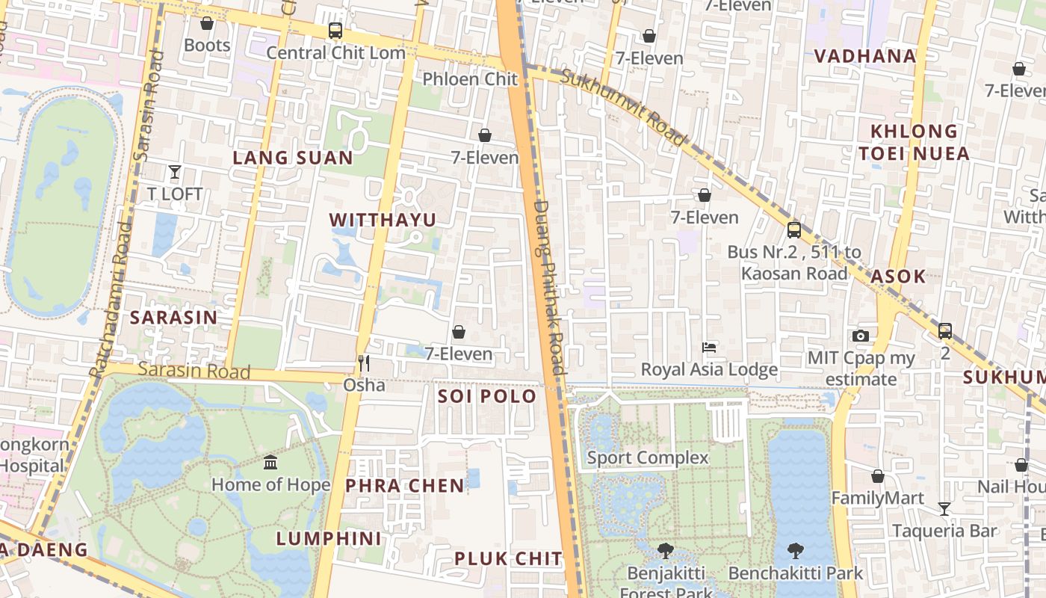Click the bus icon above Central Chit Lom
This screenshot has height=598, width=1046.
335,31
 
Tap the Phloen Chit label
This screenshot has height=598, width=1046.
470,78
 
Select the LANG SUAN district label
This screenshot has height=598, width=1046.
293,158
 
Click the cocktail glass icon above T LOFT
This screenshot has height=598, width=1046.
174,172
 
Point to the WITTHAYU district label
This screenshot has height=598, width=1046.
383,220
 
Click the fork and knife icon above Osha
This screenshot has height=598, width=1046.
364,363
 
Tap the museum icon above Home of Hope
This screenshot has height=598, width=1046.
270,462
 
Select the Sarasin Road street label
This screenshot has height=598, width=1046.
194,370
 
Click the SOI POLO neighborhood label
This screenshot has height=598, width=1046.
487,396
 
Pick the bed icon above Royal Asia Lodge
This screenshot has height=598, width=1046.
709,347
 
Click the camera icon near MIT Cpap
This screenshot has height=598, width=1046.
861,336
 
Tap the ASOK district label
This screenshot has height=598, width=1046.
898,276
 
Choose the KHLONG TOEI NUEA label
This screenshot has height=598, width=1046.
914,142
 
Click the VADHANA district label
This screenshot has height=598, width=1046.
864,56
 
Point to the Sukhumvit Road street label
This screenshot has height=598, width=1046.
623,107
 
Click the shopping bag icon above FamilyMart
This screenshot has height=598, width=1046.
878,476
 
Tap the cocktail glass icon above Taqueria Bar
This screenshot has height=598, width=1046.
944,509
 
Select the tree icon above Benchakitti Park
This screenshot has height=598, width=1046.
795,551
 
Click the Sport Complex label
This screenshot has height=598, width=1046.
648,457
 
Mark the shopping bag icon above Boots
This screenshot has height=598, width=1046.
207,23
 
